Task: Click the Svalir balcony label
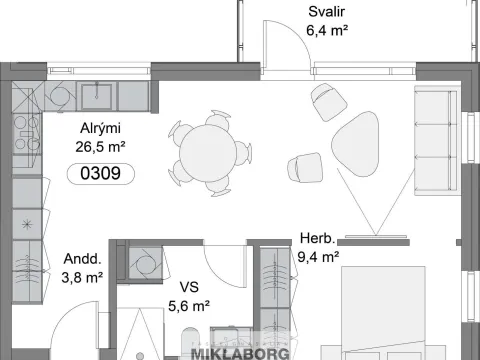click(326, 12)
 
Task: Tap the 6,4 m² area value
click(327, 31)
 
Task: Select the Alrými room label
click(100, 128)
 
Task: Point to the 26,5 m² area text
click(100, 147)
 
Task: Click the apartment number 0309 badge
click(101, 174)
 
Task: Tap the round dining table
click(208, 153)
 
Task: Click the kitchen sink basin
click(97, 97)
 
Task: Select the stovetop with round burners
click(27, 134)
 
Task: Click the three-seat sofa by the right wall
click(436, 140)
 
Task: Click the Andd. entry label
click(82, 259)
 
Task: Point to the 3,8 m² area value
click(82, 277)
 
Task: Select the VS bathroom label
click(189, 287)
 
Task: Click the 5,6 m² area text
click(189, 306)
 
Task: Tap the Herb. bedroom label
click(317, 238)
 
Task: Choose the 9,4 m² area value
click(318, 257)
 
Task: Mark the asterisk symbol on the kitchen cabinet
click(27, 224)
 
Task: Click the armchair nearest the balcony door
click(329, 102)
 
